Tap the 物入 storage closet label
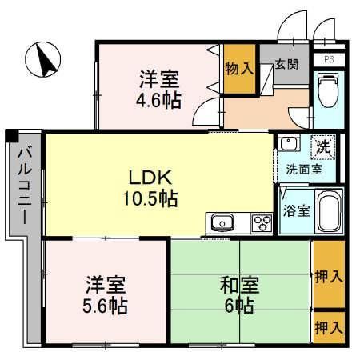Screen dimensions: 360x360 coord(238,69)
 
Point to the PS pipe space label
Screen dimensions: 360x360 coord(329,60)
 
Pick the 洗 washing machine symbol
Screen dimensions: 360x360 coord(322,146)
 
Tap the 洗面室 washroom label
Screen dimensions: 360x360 coord(305,169)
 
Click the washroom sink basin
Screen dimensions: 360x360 coord(288,145)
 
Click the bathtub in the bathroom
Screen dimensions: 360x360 coord(328,212)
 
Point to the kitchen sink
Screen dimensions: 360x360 coord(222,222)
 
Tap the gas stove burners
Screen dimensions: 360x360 coord(262,222)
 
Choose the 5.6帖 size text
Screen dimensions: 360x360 coord(106,304)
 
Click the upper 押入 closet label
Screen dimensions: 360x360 coord(329,276)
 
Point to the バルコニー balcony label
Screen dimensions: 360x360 coord(24,185)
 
